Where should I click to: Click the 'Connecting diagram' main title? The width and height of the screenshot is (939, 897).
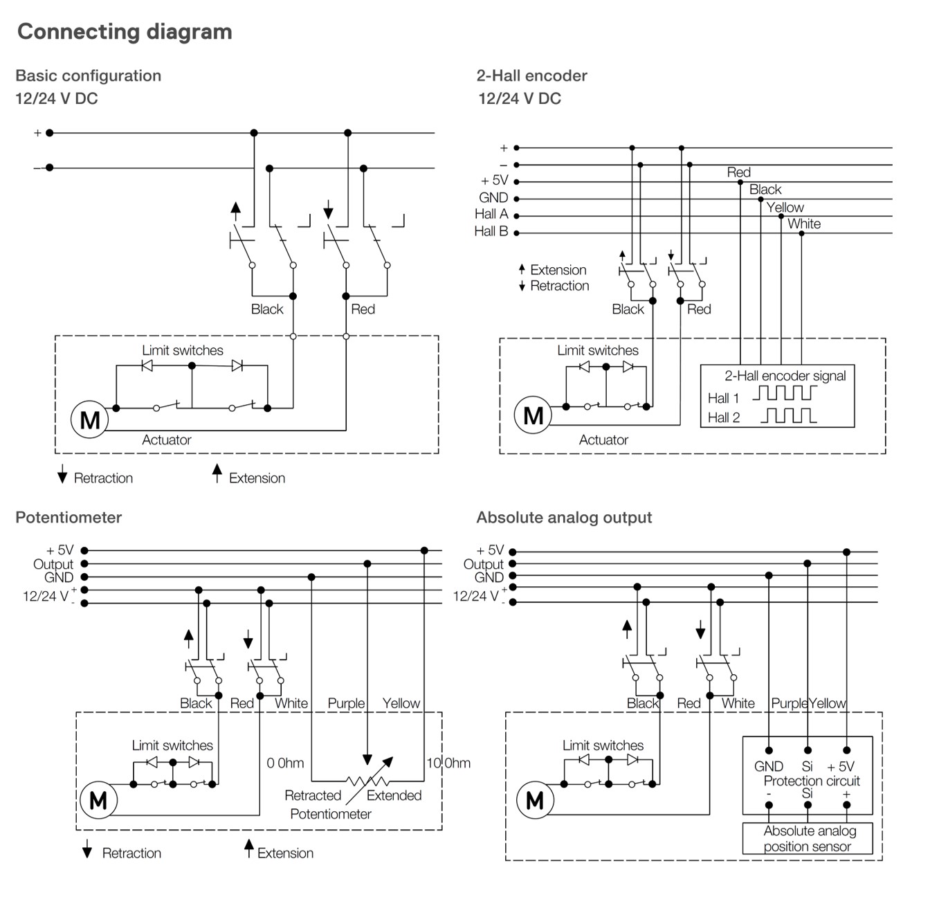click(x=125, y=33)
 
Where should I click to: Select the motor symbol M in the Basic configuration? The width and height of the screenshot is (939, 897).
click(x=89, y=419)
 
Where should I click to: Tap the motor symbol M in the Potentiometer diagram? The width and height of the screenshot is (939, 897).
click(x=98, y=800)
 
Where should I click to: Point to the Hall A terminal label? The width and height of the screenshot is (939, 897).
click(x=491, y=214)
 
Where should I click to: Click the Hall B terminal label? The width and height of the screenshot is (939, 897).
click(x=491, y=231)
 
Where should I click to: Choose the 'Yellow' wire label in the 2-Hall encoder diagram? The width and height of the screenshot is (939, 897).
click(x=785, y=208)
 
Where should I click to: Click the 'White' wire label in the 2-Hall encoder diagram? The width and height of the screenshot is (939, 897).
click(x=804, y=224)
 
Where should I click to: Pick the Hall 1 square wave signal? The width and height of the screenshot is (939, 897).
click(x=785, y=392)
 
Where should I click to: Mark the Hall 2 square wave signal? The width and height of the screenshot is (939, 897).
click(x=788, y=415)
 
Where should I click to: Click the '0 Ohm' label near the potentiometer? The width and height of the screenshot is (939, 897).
click(x=285, y=763)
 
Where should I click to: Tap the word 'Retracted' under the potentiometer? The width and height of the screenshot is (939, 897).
click(x=313, y=795)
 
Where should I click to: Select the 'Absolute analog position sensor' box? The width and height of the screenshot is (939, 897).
click(x=808, y=838)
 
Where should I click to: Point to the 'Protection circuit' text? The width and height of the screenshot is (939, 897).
click(x=812, y=781)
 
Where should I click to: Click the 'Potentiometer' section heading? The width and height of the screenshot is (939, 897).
click(x=69, y=517)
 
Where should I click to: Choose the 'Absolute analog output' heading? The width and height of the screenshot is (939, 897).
click(x=564, y=517)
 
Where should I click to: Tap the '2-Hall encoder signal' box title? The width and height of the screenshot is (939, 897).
click(x=785, y=376)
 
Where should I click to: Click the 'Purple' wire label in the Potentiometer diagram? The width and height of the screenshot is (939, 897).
click(x=346, y=703)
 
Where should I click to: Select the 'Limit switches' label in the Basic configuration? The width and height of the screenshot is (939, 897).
click(x=183, y=350)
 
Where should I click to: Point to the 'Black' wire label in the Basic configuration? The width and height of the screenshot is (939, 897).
click(x=267, y=309)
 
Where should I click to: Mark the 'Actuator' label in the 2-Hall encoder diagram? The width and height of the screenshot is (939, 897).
click(x=603, y=440)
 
